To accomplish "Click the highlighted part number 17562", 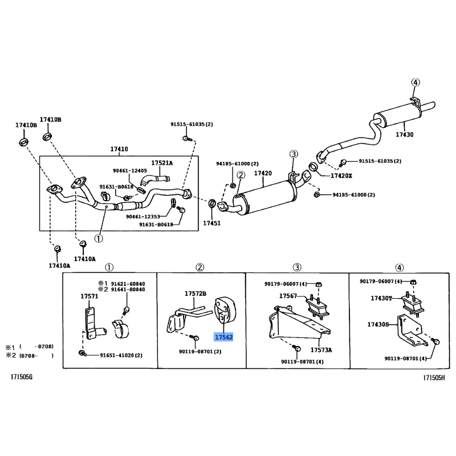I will coord(223,337).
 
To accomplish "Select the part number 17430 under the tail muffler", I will coord(405,135).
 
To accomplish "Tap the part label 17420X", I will coord(341,176).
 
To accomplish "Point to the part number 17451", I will coord(212,223).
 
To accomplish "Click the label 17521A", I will coord(162,163).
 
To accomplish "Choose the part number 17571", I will coord(89,296).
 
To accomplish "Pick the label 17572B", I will coord(195,294).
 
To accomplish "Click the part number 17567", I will coord(288,296).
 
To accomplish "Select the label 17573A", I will coord(321,350).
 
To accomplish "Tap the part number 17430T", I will coord(381,298).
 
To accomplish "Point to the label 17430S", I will coord(378,324).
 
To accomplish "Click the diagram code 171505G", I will coord(22,378).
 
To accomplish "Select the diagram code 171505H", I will coord(434,378).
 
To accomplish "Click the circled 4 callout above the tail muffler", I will coord(415,83).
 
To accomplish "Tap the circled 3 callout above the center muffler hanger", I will coord(293,154).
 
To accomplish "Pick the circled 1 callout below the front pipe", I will coord(99,239).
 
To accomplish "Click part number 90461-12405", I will coord(129,170).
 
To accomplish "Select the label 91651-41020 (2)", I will coord(121,356).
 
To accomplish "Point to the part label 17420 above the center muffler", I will coord(263,173).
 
